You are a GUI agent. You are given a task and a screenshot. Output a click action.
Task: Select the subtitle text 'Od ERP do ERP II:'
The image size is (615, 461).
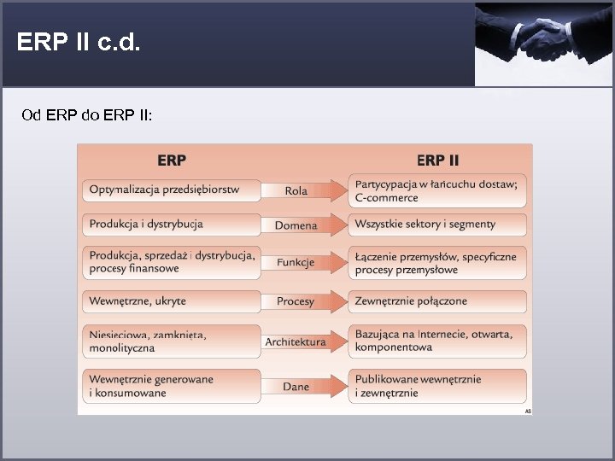coord(87,114)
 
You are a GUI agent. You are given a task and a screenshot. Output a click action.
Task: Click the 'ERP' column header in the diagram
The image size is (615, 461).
coord(172,160)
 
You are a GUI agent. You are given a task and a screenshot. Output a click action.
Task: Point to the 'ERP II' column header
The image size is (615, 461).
coord(437,160)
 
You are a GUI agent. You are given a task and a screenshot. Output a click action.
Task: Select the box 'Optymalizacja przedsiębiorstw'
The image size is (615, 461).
coord(172,190)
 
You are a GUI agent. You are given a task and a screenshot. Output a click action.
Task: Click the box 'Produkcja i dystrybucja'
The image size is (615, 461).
coord(172,225)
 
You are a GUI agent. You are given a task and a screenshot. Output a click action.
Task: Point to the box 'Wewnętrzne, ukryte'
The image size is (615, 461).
coord(172,301)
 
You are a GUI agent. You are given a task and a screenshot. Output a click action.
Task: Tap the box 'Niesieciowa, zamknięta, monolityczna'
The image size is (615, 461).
coord(172,341)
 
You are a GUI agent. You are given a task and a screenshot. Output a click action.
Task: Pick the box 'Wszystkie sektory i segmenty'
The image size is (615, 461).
coord(437,225)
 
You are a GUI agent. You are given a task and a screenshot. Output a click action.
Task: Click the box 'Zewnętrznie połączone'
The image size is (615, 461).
coord(437,301)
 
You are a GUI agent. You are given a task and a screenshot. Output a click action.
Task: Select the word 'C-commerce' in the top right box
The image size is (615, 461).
coord(386,198)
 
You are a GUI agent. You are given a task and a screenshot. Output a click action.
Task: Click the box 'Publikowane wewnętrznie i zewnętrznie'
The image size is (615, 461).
coord(437,386)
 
